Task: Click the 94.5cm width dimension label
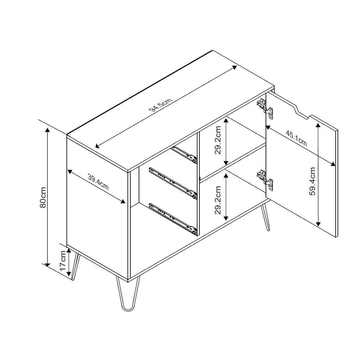point(161,105)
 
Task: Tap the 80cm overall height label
point(43,197)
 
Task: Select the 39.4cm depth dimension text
point(98,182)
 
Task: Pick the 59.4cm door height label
point(312,181)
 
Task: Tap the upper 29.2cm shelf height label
point(218,140)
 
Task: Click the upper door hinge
point(265,109)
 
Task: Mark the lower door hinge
point(265,180)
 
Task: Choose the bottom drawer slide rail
point(173,219)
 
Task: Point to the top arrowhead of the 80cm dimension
point(47,131)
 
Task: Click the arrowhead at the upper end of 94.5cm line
point(234,67)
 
